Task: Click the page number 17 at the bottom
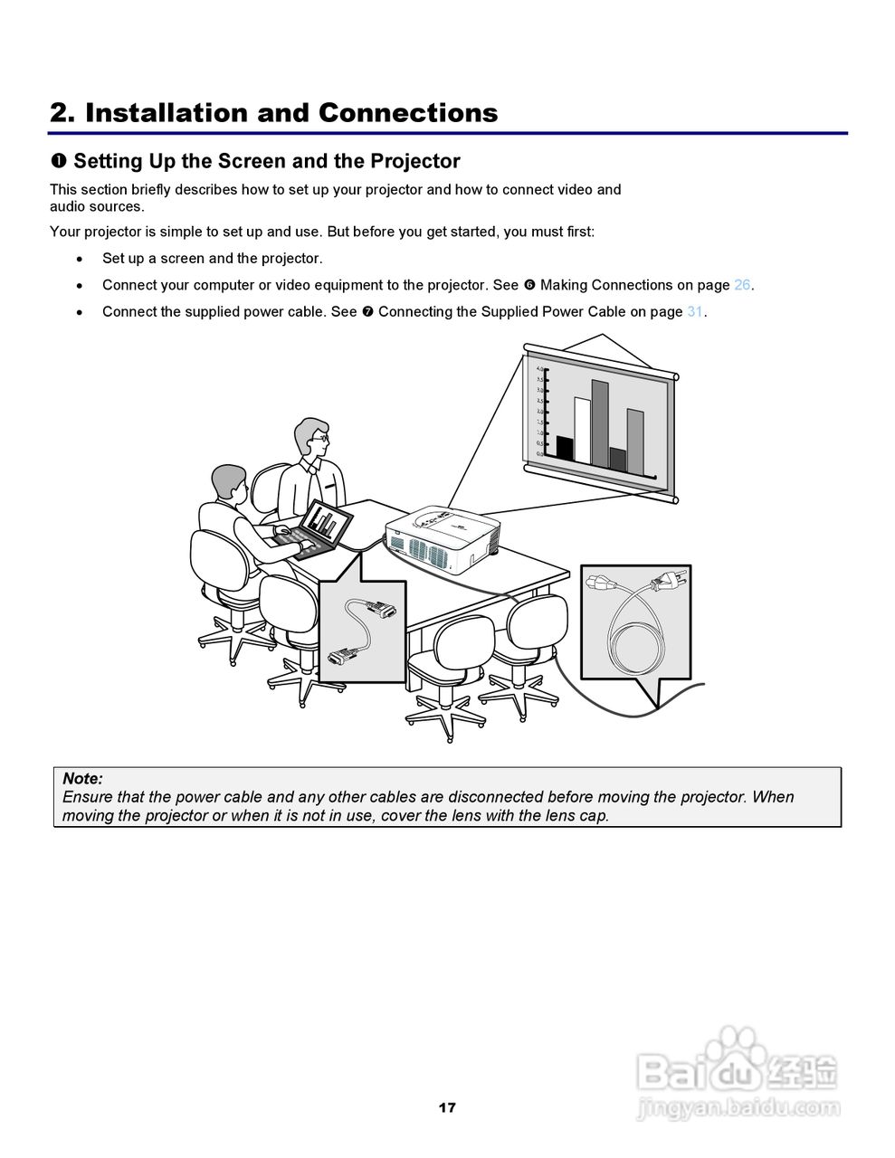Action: point(447,1107)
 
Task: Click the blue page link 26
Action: point(742,285)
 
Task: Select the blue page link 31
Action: point(695,311)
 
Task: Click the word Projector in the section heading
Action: point(418,161)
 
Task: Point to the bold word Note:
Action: point(82,778)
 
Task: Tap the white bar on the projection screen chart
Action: point(583,430)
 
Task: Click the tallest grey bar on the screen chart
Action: point(600,422)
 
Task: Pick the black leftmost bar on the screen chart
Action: point(564,449)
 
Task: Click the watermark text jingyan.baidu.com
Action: point(738,1107)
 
